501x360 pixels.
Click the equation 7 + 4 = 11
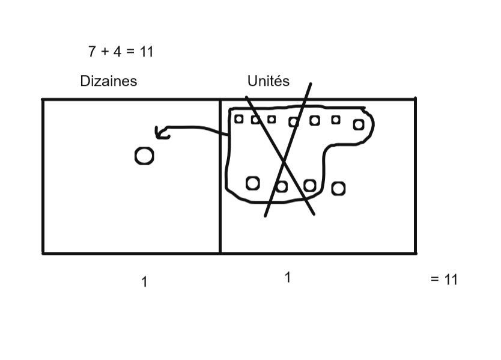point(121,52)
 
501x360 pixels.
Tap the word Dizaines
point(109,81)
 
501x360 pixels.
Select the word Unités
point(268,81)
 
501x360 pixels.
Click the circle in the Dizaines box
point(144,156)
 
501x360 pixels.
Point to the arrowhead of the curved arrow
point(157,132)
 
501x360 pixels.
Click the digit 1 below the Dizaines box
point(144,281)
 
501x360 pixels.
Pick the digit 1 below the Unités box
point(288,278)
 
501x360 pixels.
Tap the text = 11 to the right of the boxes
point(444,279)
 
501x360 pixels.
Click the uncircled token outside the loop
point(338,189)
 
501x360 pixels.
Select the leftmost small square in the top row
point(238,119)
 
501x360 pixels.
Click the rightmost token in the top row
point(359,124)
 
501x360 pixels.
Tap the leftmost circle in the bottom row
point(253,182)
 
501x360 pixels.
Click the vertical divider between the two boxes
point(220,180)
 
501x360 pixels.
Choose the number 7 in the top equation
point(92,52)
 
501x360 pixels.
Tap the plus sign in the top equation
point(105,52)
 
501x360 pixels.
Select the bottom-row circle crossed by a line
point(281,186)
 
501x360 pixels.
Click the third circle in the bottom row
point(309,185)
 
